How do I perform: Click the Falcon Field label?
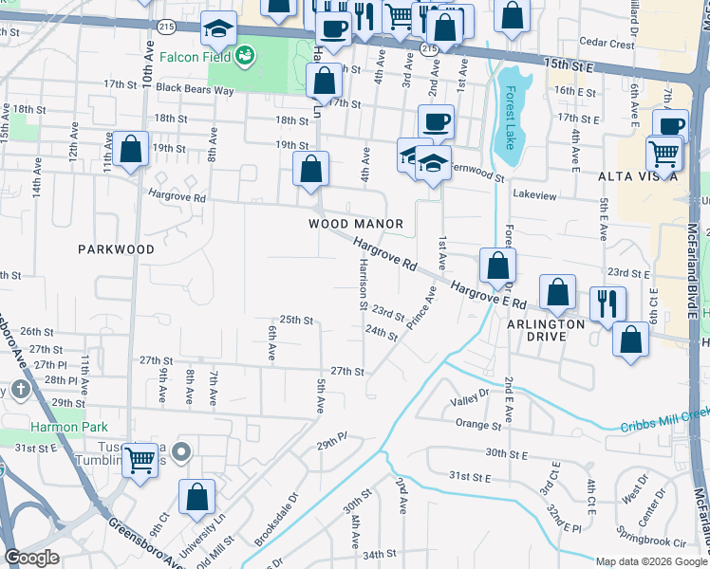pos(198,56)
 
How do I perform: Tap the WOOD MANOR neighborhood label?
pos(356,224)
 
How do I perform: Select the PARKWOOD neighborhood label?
pos(116,249)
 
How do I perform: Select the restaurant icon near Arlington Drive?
pos(606,303)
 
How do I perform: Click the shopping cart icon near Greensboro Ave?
pos(140,461)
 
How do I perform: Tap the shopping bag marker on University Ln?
pos(196,496)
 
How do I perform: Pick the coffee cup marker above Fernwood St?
pos(436,121)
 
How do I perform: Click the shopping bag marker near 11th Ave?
pos(131,150)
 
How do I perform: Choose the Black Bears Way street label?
pos(196,89)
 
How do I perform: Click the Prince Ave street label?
pos(421,313)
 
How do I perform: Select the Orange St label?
pos(477,424)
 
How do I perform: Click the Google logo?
pos(32,558)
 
